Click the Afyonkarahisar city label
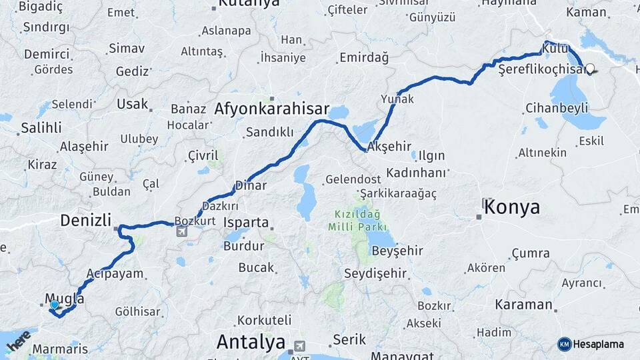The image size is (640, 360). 273,109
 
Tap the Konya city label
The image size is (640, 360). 512,207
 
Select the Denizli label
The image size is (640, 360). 85,220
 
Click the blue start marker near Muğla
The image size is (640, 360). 54,305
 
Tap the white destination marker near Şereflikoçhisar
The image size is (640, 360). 590,68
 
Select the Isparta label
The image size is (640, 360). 246,223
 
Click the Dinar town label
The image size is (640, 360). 251,186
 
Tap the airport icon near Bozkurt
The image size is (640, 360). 182,232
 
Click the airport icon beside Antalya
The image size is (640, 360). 299,347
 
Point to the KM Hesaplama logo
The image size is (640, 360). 591,344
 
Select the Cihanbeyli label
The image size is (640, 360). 556,108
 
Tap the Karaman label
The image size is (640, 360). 523,305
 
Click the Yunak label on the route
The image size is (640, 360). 397,99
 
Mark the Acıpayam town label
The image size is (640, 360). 115,273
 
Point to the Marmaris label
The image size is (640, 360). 60,349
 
